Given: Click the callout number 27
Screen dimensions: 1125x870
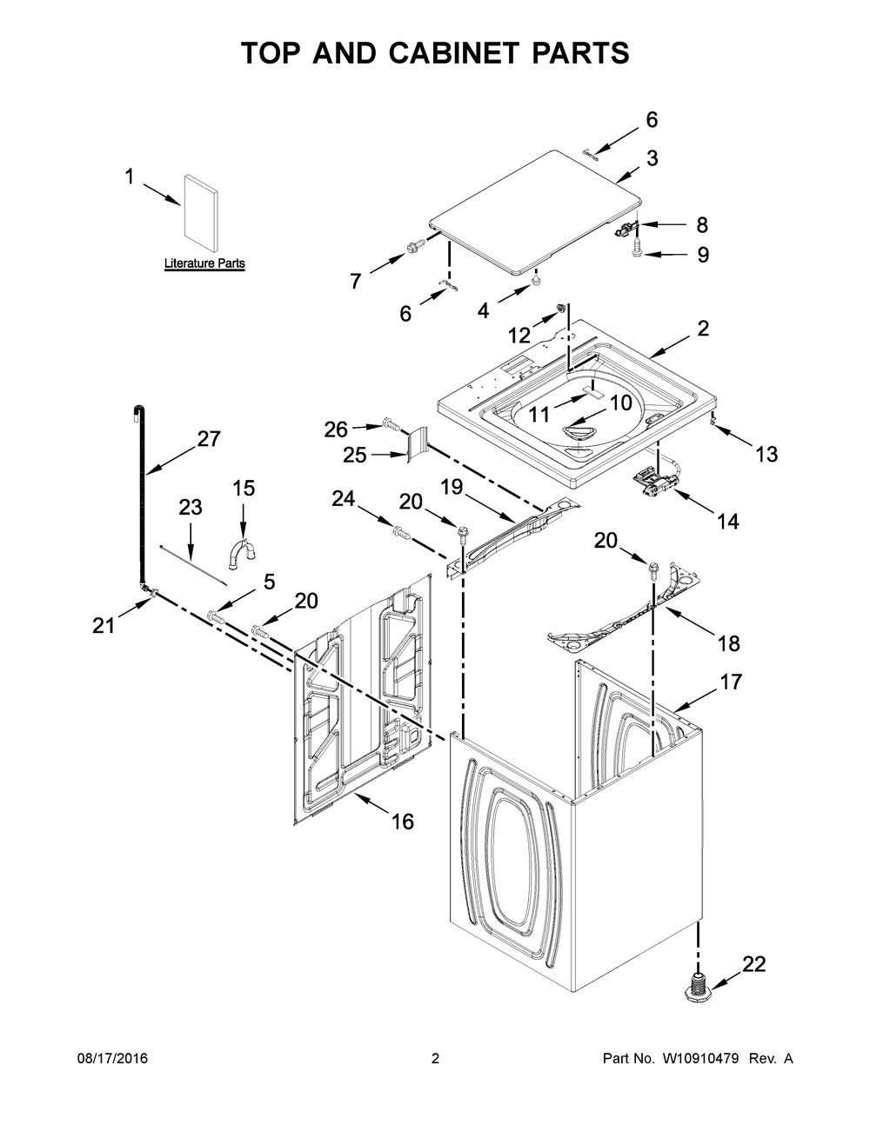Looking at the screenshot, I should coord(209,439).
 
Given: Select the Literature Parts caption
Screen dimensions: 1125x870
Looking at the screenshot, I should coord(204,263).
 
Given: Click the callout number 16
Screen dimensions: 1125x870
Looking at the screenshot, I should coord(402,821).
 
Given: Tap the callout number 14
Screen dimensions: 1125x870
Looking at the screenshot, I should coord(727,521).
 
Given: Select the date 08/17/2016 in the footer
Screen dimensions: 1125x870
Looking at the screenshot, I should coord(110,1059).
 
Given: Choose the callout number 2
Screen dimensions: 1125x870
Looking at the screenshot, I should coord(703,329).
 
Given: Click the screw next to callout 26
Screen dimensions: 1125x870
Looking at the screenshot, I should coord(390,426).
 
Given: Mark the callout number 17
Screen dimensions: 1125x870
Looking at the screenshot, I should coord(731,682).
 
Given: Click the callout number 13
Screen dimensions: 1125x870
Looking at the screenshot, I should coord(766,453).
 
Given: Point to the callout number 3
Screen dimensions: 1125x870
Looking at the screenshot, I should coord(677,158).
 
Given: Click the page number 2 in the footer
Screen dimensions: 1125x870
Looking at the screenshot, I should coord(435,1059).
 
